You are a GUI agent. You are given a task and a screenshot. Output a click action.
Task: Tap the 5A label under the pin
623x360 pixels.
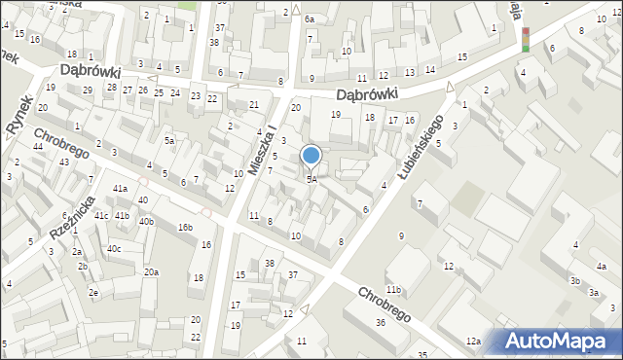click(x=311, y=180)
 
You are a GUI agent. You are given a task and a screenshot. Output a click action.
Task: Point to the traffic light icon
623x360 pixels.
click(x=527, y=39)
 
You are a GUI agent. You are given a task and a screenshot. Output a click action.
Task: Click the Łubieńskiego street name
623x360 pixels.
click(x=421, y=144)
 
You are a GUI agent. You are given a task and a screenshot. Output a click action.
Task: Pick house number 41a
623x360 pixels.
click(x=120, y=189)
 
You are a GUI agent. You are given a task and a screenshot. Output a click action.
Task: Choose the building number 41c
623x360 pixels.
click(x=101, y=215)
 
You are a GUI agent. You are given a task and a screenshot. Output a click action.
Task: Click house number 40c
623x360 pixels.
click(x=114, y=249)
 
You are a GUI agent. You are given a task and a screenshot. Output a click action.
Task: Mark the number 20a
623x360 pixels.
click(x=151, y=271)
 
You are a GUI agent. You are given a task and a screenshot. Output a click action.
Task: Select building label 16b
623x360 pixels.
click(x=185, y=228)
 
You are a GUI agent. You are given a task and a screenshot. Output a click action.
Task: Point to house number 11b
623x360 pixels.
click(x=393, y=290)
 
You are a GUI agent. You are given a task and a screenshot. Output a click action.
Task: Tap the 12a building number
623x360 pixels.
click(x=473, y=341)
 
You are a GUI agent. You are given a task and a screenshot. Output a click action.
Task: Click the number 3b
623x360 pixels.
click(x=575, y=281)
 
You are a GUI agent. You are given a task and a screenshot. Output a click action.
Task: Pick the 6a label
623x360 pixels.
click(x=310, y=19)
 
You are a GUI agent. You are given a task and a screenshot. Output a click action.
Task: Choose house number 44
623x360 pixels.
click(x=37, y=146)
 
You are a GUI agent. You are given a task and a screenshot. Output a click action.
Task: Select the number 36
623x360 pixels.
click(x=381, y=323)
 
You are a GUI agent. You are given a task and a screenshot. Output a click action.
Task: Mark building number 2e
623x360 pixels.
click(x=93, y=292)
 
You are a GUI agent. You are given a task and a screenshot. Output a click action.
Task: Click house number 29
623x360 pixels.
click(x=88, y=90)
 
